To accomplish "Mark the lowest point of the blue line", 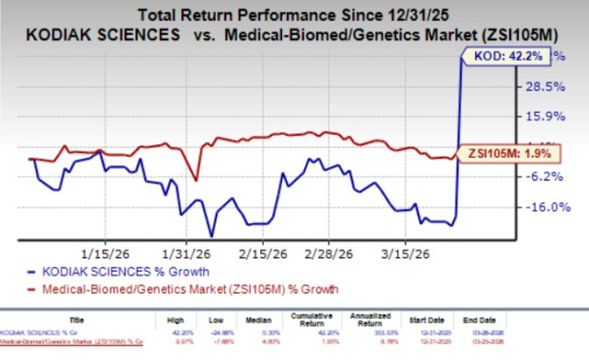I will tap(211, 236).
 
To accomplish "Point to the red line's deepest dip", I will tap(196, 180).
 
